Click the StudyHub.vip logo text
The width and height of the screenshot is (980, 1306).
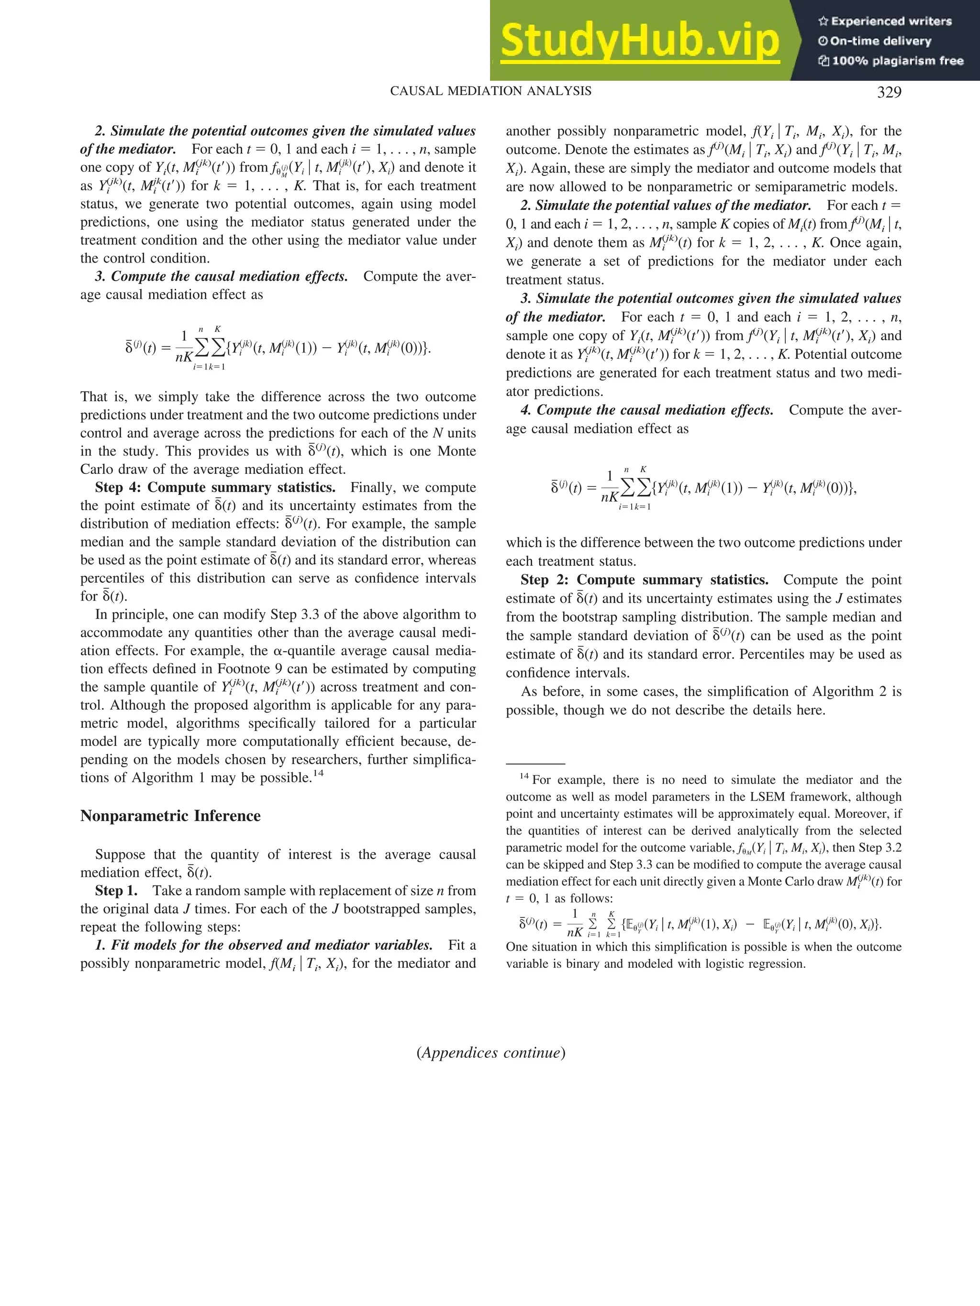640,40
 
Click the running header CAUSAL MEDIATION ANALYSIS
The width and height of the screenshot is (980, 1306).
490,91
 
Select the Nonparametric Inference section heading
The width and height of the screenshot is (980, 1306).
170,816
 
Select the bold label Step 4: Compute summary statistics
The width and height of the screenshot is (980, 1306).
215,488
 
